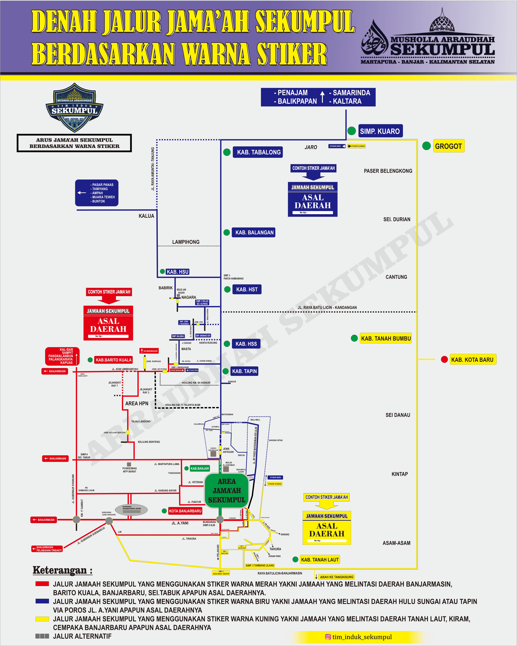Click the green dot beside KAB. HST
pos(227,289)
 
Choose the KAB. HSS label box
pos(246,344)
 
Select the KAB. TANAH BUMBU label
pos(386,338)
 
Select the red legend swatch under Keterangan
pos(42,584)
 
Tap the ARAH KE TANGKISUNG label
pos(336,577)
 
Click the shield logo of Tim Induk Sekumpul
pos(74,108)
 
